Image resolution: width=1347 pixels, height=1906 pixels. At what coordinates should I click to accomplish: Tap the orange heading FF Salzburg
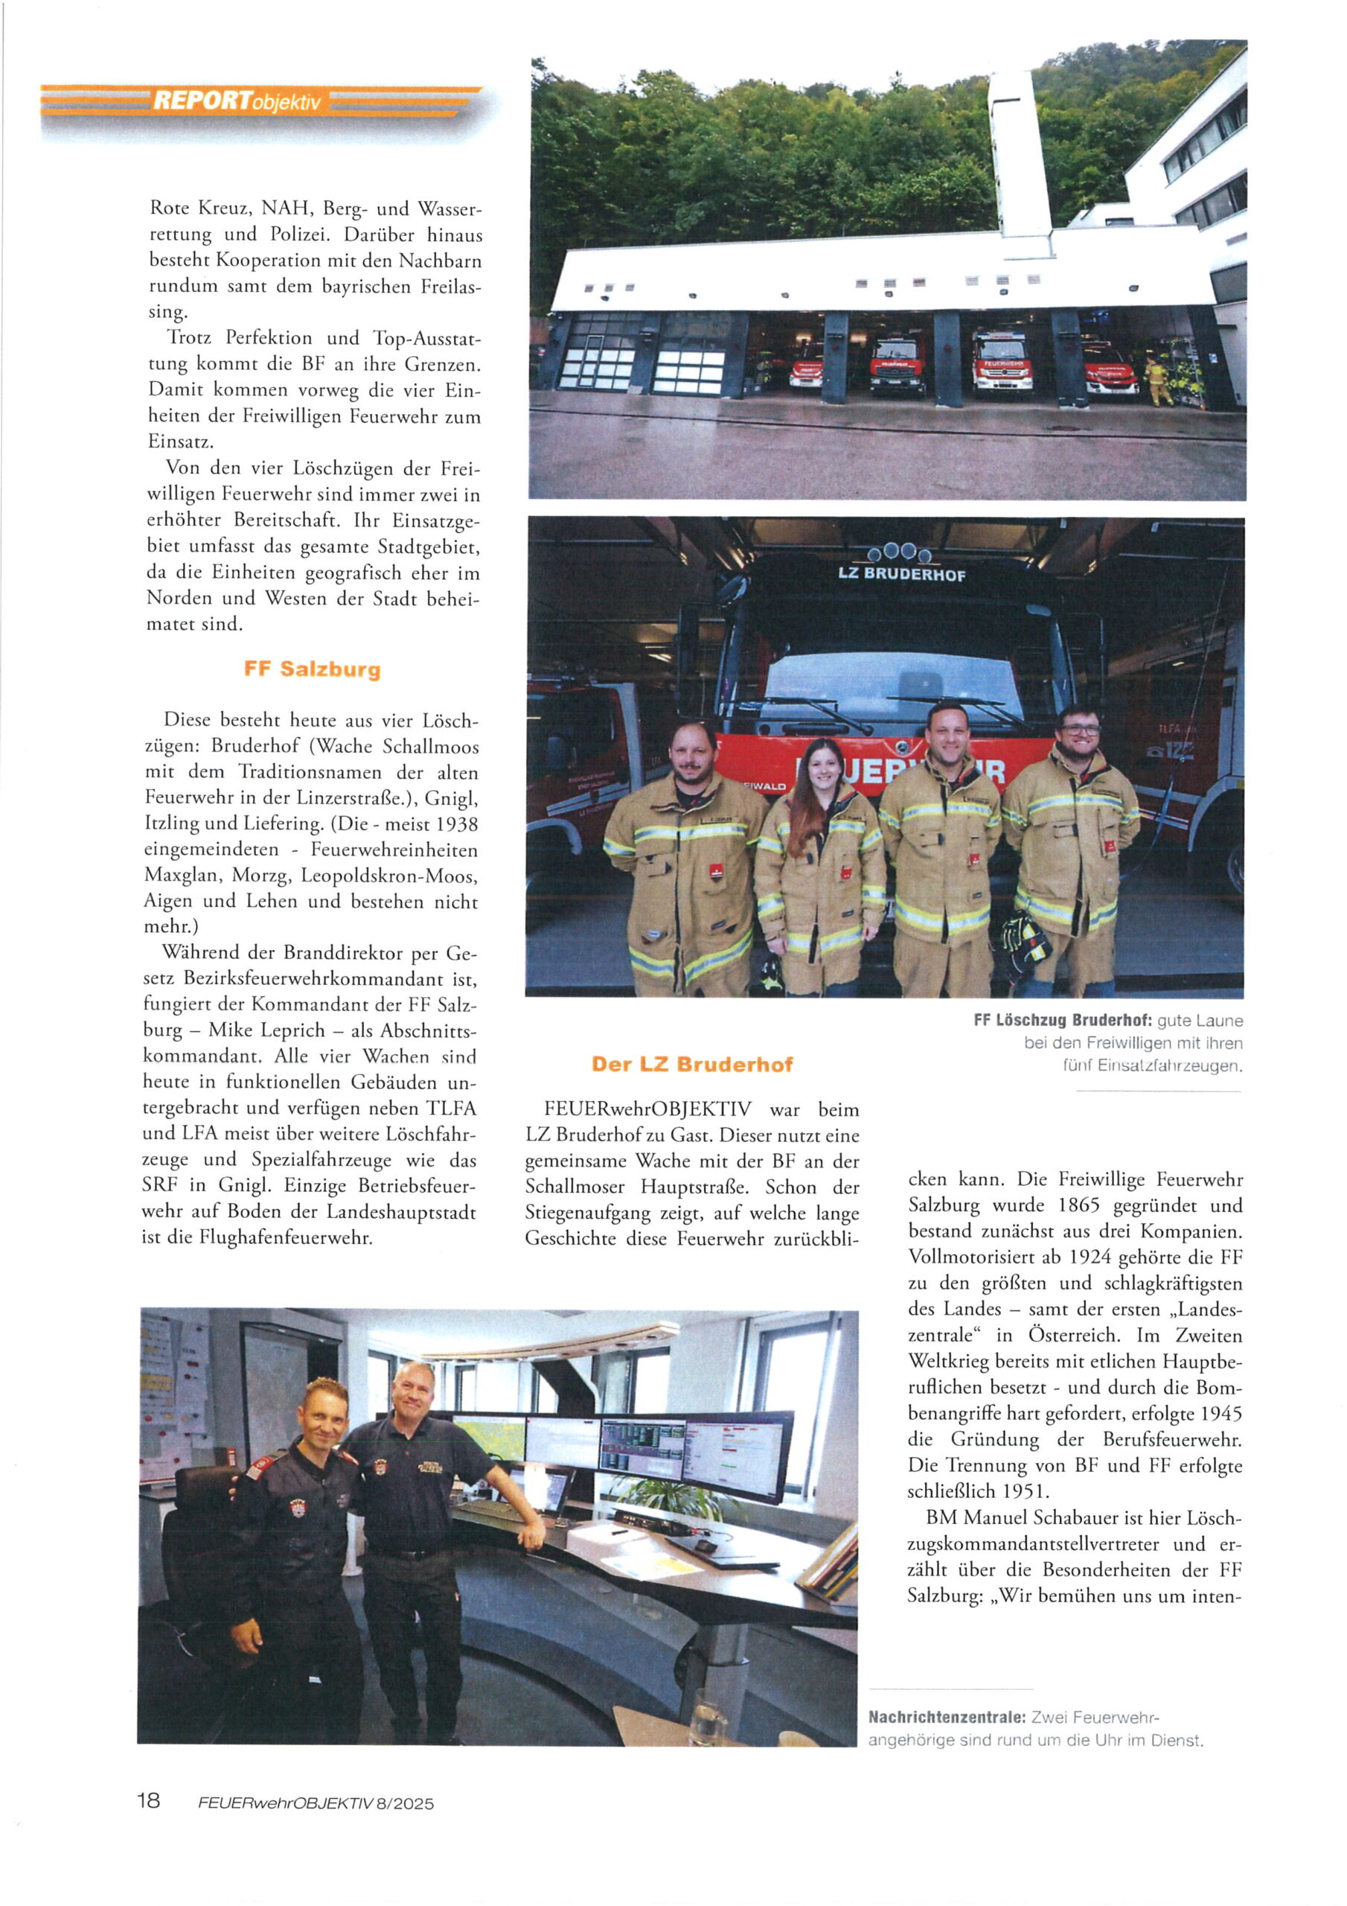312,670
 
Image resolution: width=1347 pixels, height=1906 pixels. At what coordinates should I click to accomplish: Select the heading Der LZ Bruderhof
692,1064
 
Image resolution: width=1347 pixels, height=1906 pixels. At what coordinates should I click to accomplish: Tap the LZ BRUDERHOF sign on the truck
901,573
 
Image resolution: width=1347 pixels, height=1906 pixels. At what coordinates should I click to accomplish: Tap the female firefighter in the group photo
819,864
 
